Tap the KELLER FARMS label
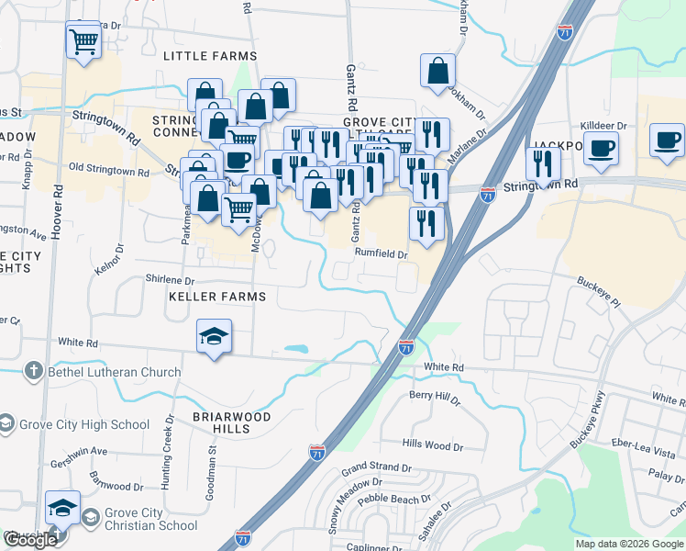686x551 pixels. pyautogui.click(x=216, y=297)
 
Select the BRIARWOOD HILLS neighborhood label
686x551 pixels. pyautogui.click(x=220, y=422)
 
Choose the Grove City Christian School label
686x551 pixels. pyautogui.click(x=151, y=519)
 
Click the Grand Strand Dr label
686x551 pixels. pyautogui.click(x=376, y=468)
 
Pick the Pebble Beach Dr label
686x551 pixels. pyautogui.click(x=393, y=500)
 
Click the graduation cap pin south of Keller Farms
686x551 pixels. pyautogui.click(x=214, y=336)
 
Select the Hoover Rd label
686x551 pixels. pyautogui.click(x=57, y=210)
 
